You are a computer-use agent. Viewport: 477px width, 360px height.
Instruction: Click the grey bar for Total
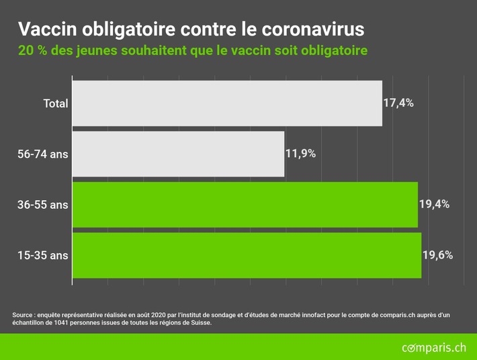(227, 103)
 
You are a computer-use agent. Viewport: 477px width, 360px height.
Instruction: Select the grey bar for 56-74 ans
(178, 154)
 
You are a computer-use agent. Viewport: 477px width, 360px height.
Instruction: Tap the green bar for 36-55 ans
(245, 204)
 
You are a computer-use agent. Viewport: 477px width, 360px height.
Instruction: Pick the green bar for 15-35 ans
(247, 255)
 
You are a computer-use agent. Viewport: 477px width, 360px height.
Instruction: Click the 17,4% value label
(398, 103)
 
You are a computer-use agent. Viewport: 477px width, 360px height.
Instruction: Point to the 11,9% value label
(300, 154)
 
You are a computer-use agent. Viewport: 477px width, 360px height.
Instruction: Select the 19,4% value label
(433, 204)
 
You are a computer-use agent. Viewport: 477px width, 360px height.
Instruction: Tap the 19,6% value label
(437, 255)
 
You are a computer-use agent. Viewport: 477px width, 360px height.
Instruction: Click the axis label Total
(56, 103)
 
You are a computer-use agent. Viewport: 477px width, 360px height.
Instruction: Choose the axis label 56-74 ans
(43, 154)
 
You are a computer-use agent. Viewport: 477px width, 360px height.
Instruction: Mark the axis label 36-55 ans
(43, 204)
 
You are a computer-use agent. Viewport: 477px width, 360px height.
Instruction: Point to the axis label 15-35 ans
(43, 255)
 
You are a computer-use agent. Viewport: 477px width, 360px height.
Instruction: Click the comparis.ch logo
(433, 347)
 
